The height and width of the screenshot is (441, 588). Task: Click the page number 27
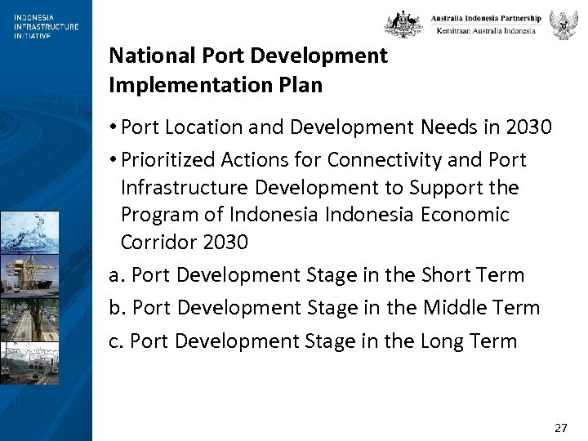pos(560,427)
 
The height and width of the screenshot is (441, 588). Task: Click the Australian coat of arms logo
pos(404,24)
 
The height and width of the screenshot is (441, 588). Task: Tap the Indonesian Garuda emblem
pos(563,24)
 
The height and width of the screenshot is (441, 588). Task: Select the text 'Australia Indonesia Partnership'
pos(486,18)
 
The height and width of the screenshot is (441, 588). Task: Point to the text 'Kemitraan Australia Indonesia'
pos(486,30)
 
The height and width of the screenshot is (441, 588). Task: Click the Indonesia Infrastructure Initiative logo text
pos(46,26)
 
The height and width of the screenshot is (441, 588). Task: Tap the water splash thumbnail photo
pos(29,232)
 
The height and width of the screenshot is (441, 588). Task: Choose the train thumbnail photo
pos(29,363)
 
